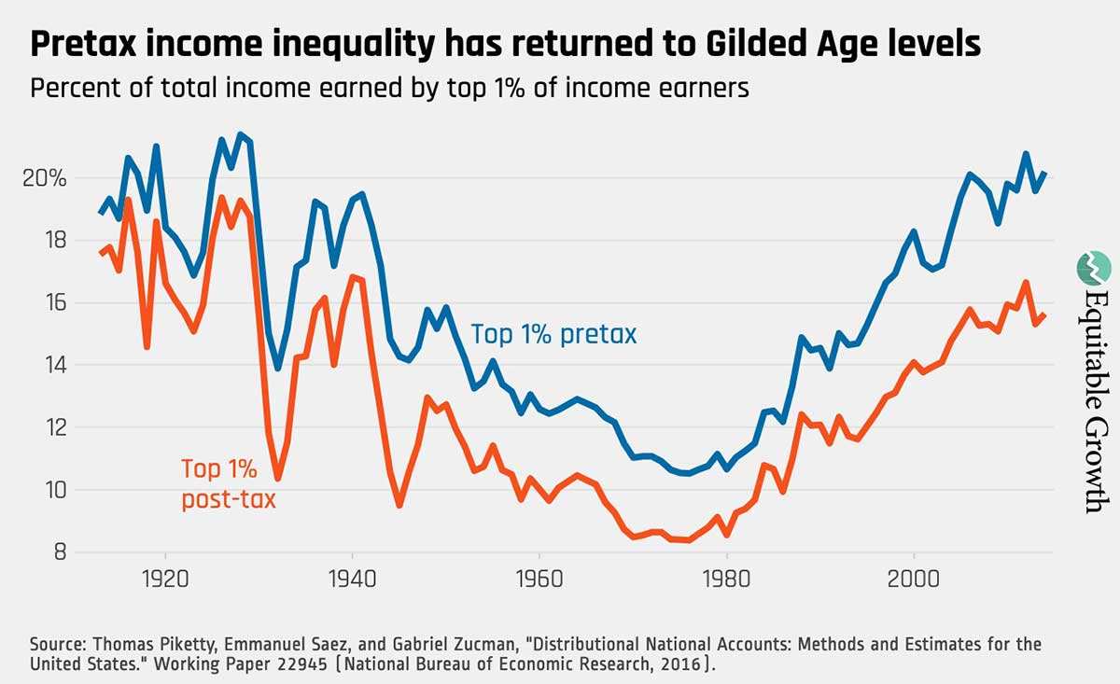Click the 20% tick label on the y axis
(44, 177)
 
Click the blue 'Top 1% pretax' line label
(553, 334)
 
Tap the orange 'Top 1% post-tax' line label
(229, 484)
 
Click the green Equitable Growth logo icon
(1089, 267)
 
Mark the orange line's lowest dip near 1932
(277, 479)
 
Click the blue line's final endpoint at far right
(1045, 174)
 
